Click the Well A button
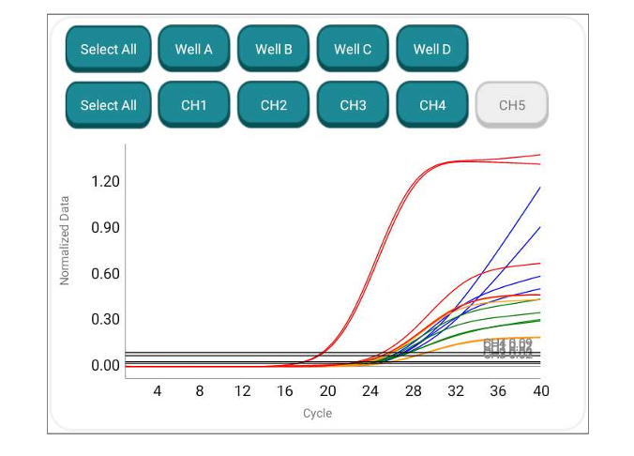(194, 49)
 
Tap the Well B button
(274, 49)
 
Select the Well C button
(353, 49)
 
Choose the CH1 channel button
(194, 105)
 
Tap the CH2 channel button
(274, 105)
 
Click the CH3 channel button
(353, 105)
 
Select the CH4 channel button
(432, 105)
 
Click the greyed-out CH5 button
(511, 105)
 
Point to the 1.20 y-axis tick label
(106, 181)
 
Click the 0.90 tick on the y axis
(106, 227)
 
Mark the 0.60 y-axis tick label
(106, 273)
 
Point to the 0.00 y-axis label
(106, 365)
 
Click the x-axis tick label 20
(327, 391)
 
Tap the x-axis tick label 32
(455, 391)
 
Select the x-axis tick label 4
(158, 391)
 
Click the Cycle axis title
(317, 413)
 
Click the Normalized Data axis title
(65, 240)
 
